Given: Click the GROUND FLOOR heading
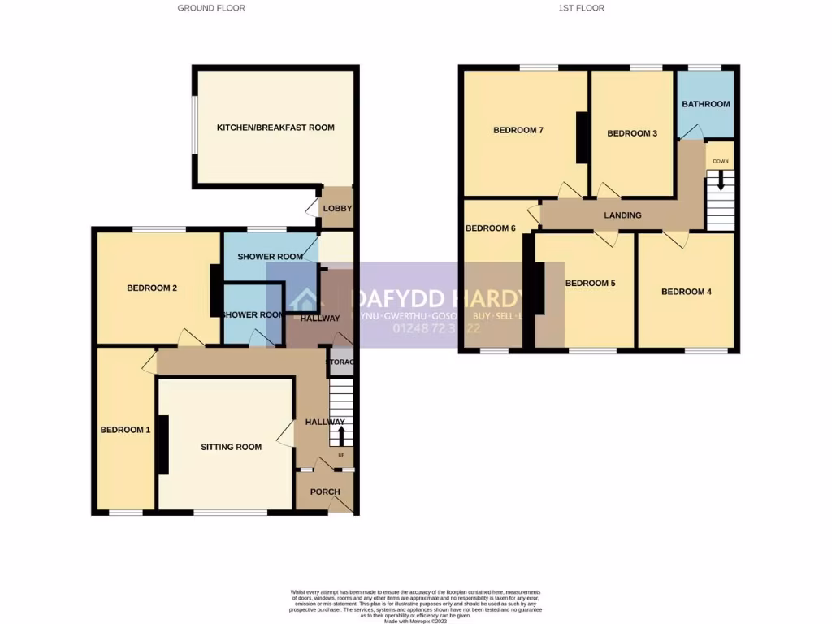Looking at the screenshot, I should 211,8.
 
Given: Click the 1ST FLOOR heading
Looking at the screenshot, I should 582,8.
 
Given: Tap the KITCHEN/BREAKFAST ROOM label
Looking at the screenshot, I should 275,128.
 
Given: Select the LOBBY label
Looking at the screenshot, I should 337,209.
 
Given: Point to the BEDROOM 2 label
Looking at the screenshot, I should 152,288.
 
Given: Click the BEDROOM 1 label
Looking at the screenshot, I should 125,430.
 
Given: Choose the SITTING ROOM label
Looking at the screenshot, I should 232,447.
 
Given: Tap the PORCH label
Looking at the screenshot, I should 325,492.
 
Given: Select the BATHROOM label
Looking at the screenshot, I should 705,104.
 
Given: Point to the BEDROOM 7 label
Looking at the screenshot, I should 518,130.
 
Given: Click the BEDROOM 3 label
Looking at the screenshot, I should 632,133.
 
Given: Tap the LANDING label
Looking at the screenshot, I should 622,215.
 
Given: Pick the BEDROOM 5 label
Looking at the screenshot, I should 590,284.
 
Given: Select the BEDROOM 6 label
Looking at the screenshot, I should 491,228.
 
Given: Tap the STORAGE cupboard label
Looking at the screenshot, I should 341,362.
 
